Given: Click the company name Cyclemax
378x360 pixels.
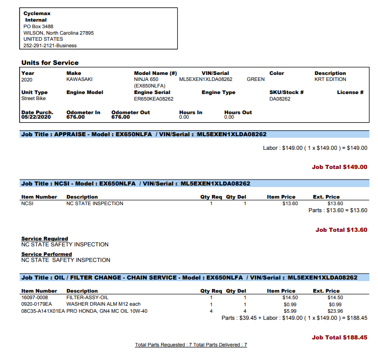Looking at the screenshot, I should coord(37,13).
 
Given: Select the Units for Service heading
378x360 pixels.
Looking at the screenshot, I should coord(50,63).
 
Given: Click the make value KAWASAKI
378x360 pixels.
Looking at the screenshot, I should coord(79,79).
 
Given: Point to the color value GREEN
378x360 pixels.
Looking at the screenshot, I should coord(256,79).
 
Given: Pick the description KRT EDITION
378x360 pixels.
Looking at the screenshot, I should coord(330,79).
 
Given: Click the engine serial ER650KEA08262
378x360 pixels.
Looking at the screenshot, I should coord(154,99).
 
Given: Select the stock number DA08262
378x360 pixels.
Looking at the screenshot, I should coord(281,99).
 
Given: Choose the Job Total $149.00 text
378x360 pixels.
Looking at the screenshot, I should coord(339,167).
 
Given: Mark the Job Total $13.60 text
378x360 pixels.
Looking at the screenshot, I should coord(341,230).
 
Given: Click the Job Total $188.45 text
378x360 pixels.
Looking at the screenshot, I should coord(339,337).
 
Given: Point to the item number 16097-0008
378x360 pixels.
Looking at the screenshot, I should coord(35,297).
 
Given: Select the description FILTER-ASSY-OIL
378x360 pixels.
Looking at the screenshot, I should coord(87,297).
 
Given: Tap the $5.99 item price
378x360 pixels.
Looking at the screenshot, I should coord(289,311).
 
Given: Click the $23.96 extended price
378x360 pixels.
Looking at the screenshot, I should coord(335,311).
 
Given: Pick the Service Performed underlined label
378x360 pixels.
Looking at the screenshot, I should coord(46,254).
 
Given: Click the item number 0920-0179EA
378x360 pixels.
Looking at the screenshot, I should coord(36,304).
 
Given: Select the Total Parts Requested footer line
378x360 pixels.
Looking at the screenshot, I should coord(191,345).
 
